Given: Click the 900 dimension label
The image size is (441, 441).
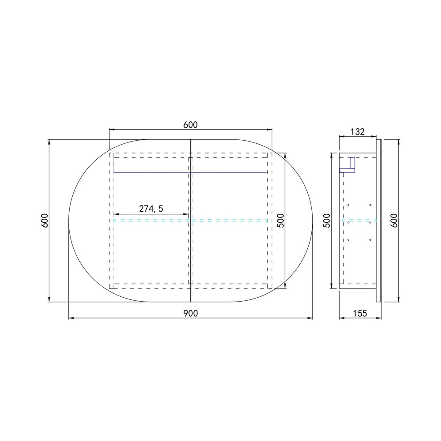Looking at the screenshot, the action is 191,313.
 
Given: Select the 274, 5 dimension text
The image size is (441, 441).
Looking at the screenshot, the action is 151,209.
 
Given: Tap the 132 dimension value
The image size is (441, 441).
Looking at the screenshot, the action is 358,131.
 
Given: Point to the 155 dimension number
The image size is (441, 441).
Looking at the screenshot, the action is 360,313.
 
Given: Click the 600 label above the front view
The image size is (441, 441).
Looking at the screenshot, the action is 191,125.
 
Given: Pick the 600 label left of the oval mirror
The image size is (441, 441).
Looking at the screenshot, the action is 45,220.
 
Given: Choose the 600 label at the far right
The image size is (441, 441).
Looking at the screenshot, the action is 394,220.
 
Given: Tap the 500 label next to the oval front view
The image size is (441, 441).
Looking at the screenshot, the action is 280,220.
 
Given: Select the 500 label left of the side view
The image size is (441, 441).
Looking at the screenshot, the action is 326,220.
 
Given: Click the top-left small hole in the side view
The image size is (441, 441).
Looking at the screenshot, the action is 348,205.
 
